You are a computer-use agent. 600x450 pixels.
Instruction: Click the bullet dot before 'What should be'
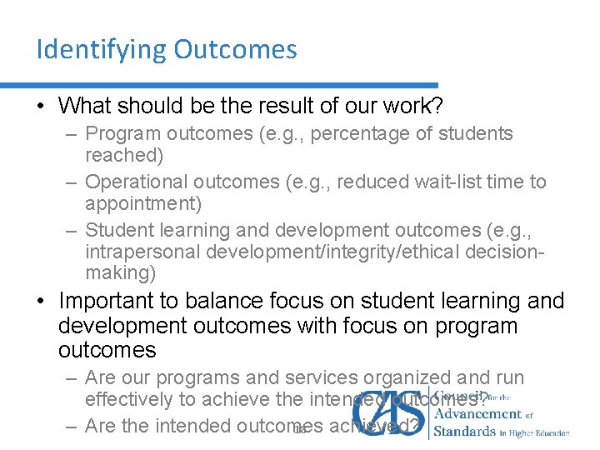pos(41,107)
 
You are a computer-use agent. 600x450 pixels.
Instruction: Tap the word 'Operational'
pos(137,182)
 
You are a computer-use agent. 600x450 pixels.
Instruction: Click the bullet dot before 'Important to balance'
pos(41,301)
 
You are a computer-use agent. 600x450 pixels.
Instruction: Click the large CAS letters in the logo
pos(387,412)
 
